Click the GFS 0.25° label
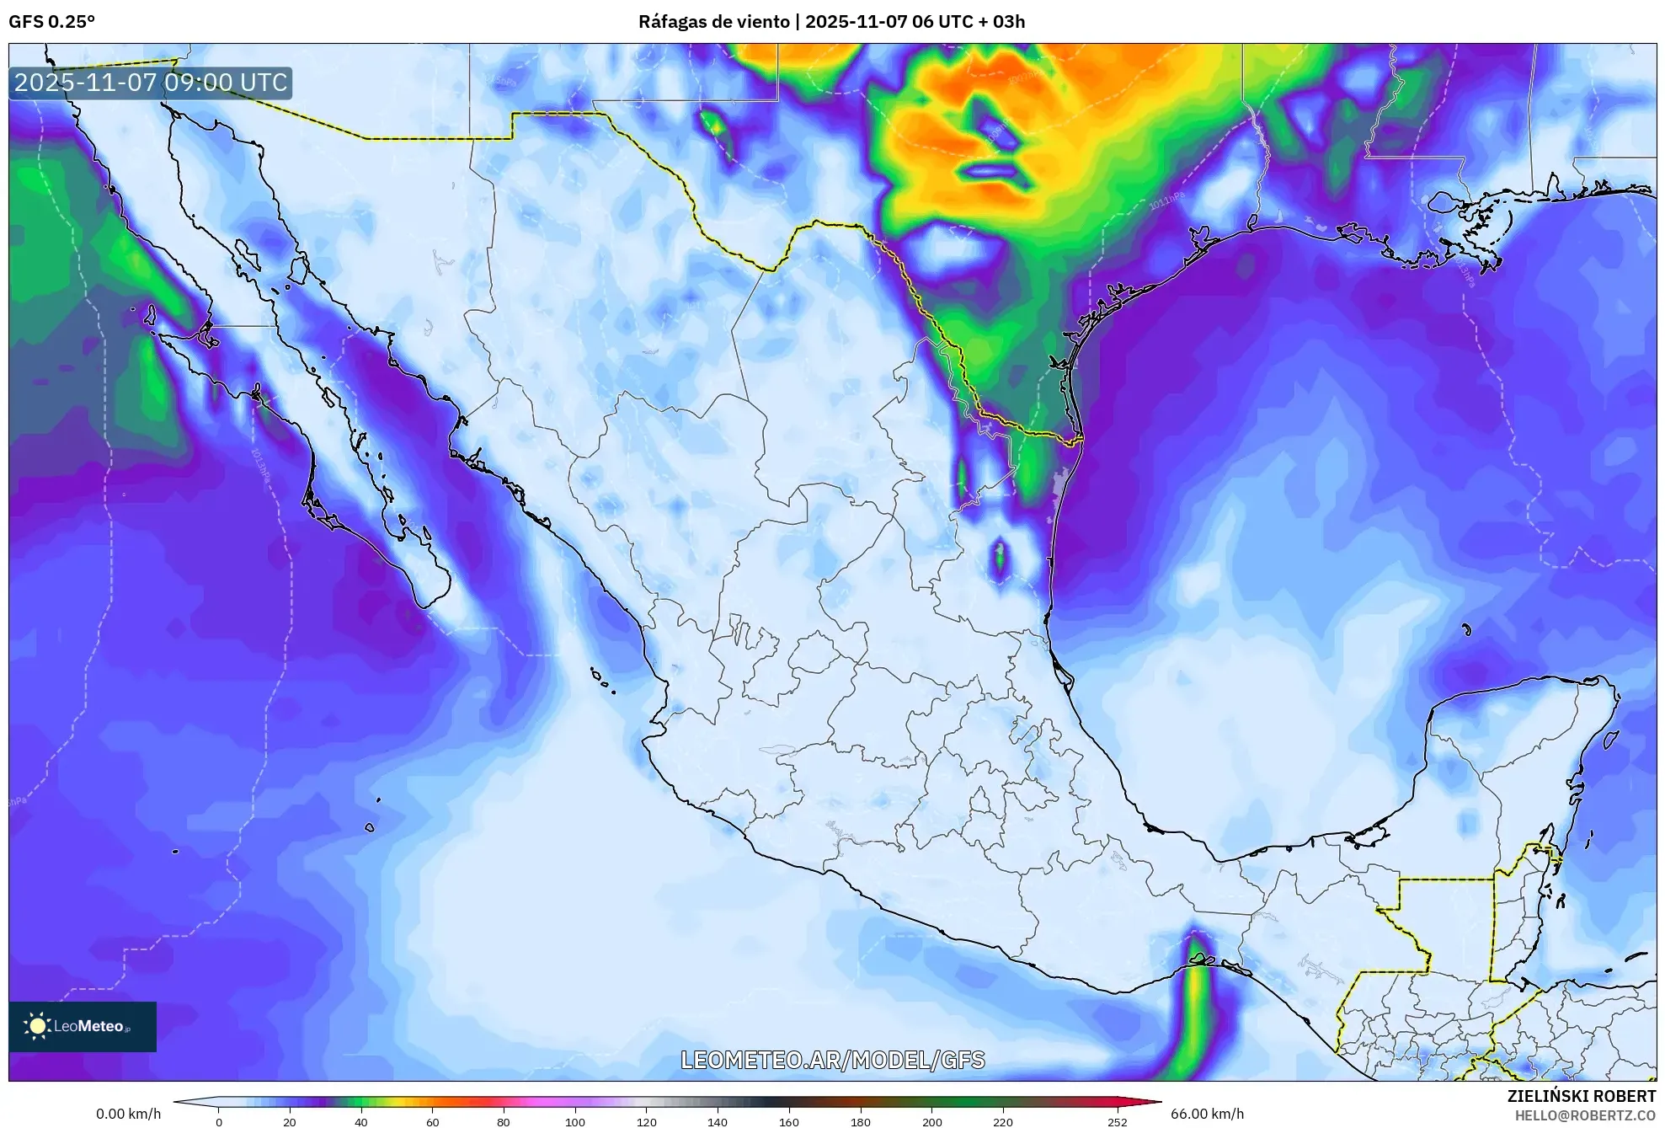click(51, 22)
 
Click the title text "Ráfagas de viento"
click(714, 22)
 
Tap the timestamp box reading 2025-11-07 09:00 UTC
click(151, 83)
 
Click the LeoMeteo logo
click(83, 1026)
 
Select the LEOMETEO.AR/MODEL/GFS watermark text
click(832, 1060)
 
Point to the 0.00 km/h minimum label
click(128, 1114)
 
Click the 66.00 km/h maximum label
click(1207, 1114)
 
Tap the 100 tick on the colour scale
click(574, 1122)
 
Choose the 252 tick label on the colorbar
click(1117, 1122)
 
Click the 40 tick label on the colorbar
click(361, 1122)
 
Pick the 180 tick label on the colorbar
click(860, 1122)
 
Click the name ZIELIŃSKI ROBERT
click(1581, 1096)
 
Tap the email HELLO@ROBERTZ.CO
click(1585, 1115)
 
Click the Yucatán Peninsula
click(1516, 758)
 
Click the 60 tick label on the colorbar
click(432, 1122)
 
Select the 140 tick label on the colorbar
click(718, 1122)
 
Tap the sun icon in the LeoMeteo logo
click(37, 1026)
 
